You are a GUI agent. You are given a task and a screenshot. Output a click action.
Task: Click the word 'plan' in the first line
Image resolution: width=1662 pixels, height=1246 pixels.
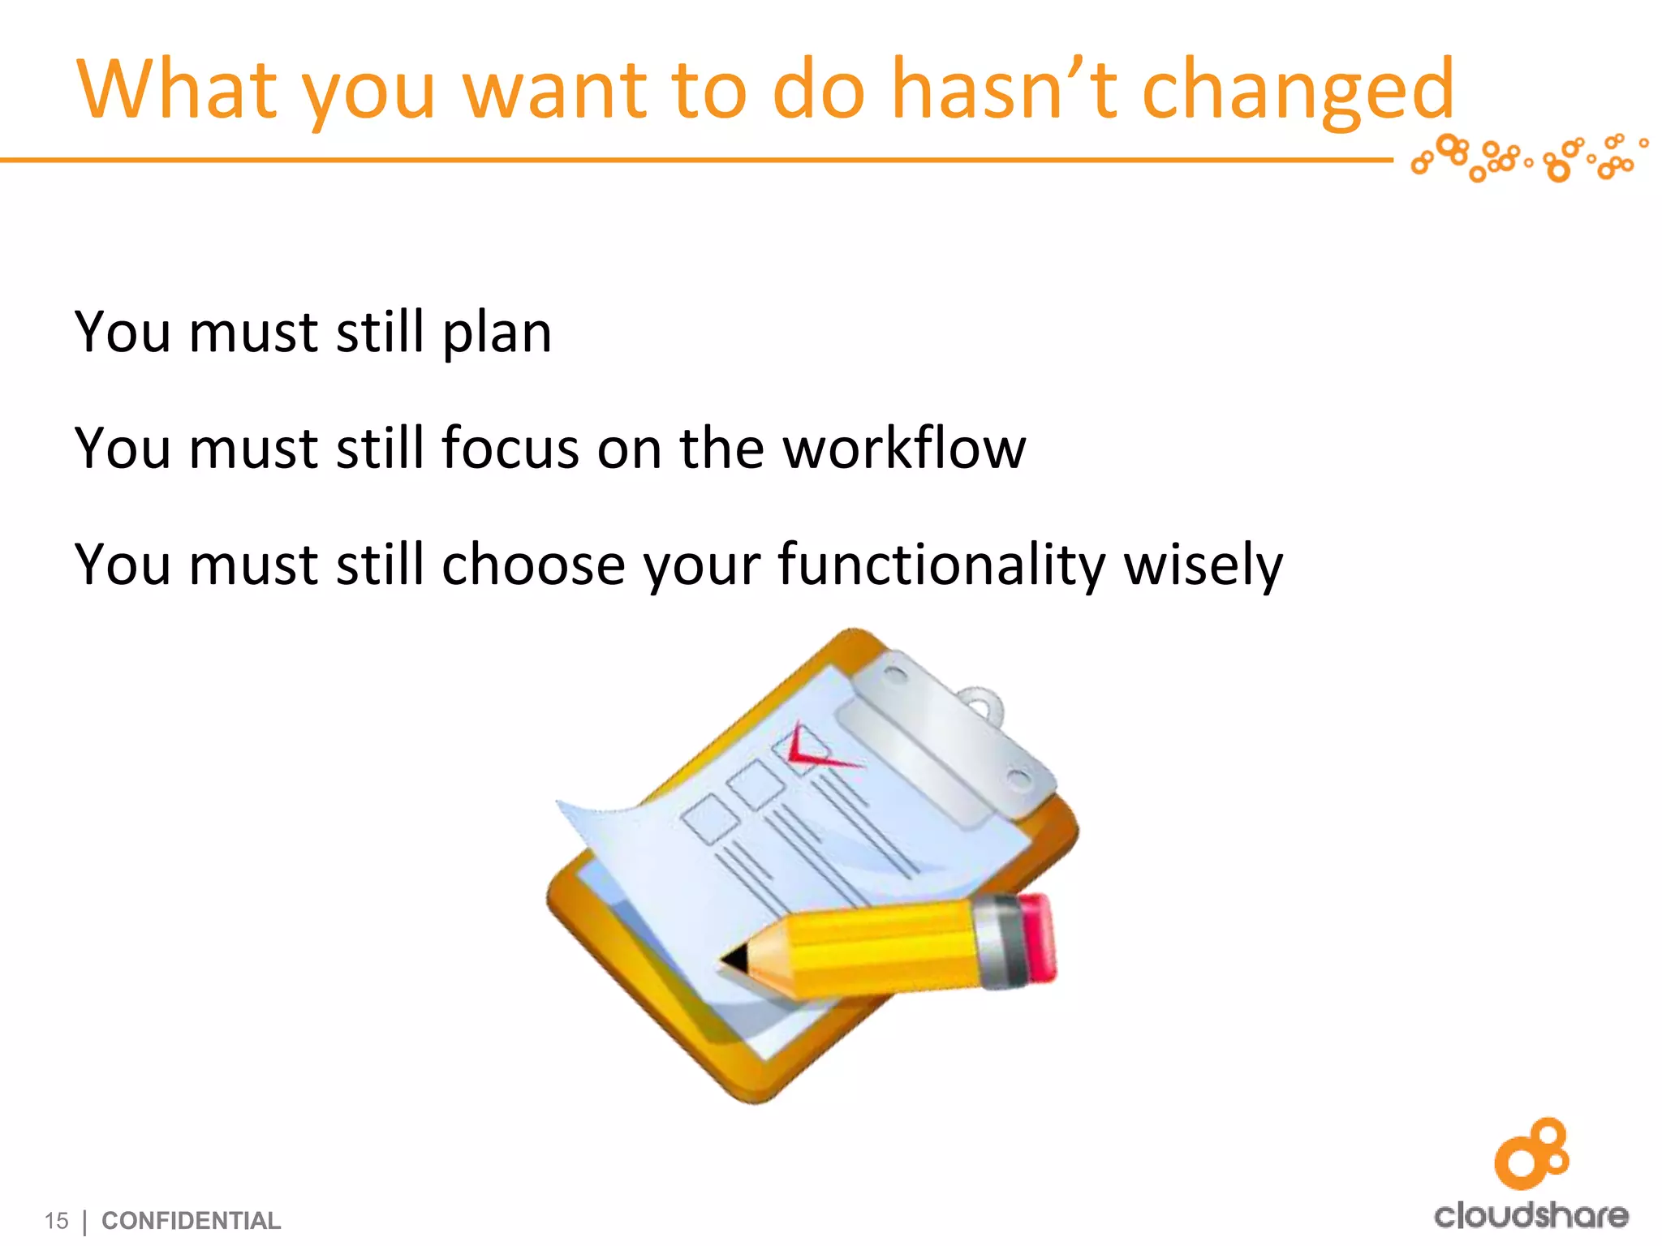click(497, 333)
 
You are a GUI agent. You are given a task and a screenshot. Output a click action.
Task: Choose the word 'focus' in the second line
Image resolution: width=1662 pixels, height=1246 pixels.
click(510, 449)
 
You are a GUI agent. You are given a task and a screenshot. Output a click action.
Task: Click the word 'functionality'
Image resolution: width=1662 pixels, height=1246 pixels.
click(941, 565)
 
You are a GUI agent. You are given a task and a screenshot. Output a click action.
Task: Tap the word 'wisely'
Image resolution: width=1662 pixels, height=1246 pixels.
click(1203, 565)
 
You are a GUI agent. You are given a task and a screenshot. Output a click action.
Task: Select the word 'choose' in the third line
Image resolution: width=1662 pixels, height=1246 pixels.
click(532, 565)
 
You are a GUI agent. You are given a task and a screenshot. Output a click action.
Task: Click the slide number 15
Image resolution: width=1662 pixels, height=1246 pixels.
click(56, 1220)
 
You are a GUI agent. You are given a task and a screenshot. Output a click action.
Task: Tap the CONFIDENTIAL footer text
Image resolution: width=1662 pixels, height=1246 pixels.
click(191, 1220)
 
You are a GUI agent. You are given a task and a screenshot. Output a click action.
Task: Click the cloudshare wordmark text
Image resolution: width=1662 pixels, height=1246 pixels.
click(1531, 1214)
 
